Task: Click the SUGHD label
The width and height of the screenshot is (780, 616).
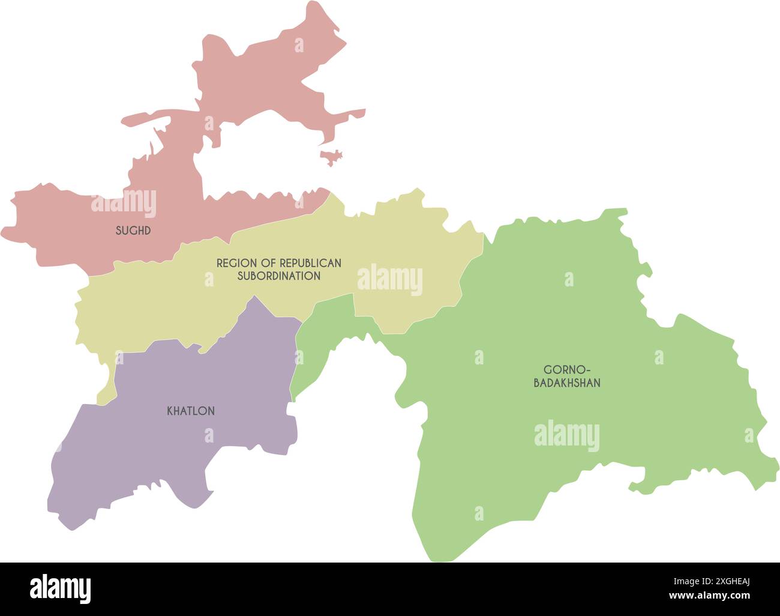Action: point(133,231)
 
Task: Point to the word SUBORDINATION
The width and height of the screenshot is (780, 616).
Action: point(278,276)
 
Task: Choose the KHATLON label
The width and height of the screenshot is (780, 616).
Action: point(190,411)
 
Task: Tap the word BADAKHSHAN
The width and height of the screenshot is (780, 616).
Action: point(567,383)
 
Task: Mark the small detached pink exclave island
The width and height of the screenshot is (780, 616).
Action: point(332,157)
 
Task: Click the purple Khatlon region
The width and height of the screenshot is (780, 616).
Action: point(180,456)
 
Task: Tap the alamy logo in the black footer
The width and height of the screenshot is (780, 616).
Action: point(61,589)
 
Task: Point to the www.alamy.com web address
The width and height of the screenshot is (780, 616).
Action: point(710,596)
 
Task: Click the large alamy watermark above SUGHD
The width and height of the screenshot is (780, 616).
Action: point(124,203)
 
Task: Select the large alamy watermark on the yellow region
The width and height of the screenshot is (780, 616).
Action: point(389,280)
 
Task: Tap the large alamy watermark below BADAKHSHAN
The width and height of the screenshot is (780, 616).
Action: point(566,436)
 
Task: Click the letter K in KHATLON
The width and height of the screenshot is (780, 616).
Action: point(170,411)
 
